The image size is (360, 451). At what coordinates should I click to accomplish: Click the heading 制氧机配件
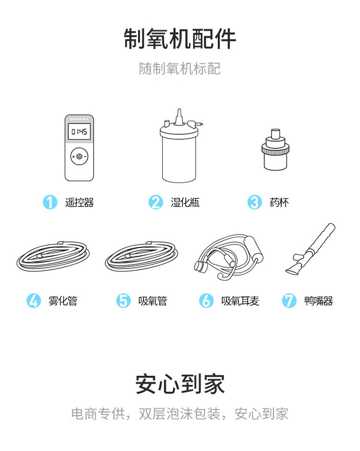[180, 39]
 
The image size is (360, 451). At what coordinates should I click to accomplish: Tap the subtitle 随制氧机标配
[180, 69]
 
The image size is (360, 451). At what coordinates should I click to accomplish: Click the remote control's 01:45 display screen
[79, 132]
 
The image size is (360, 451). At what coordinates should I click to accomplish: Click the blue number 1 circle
[50, 202]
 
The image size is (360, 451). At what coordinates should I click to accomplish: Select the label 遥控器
[79, 203]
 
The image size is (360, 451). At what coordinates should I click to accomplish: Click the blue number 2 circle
[156, 202]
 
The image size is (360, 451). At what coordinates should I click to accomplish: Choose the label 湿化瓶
[185, 203]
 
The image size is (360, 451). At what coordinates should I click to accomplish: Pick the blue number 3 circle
[255, 202]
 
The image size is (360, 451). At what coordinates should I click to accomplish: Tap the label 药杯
[279, 203]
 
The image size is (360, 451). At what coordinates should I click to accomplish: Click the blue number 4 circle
[34, 301]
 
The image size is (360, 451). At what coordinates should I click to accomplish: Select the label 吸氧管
[153, 301]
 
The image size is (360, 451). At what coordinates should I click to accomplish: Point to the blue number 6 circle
[206, 301]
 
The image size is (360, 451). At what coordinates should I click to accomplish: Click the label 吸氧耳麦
[240, 301]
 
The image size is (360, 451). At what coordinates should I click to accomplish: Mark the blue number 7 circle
[289, 301]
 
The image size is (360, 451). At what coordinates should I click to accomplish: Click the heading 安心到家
[180, 384]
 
